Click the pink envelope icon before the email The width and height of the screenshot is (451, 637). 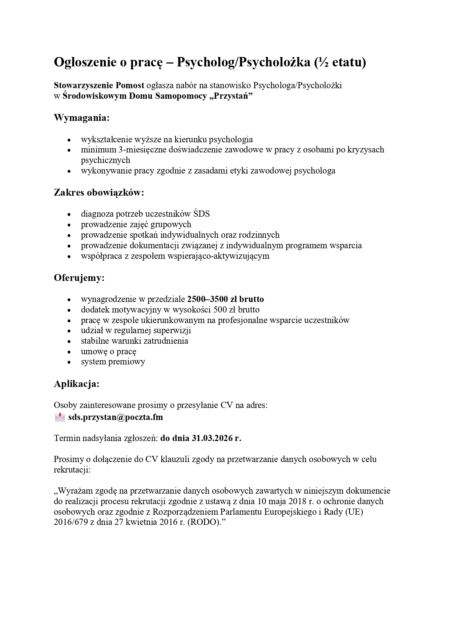(60, 417)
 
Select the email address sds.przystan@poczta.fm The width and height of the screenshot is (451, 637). (116, 417)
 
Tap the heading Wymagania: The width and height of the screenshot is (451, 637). (82, 118)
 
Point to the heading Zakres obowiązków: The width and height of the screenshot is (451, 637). (99, 192)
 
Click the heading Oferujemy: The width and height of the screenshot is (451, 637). (79, 278)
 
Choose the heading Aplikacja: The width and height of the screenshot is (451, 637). (77, 384)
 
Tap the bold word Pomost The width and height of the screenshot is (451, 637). (130, 85)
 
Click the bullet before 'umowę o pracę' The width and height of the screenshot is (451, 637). (69, 352)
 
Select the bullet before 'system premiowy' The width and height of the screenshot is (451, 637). (69, 362)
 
